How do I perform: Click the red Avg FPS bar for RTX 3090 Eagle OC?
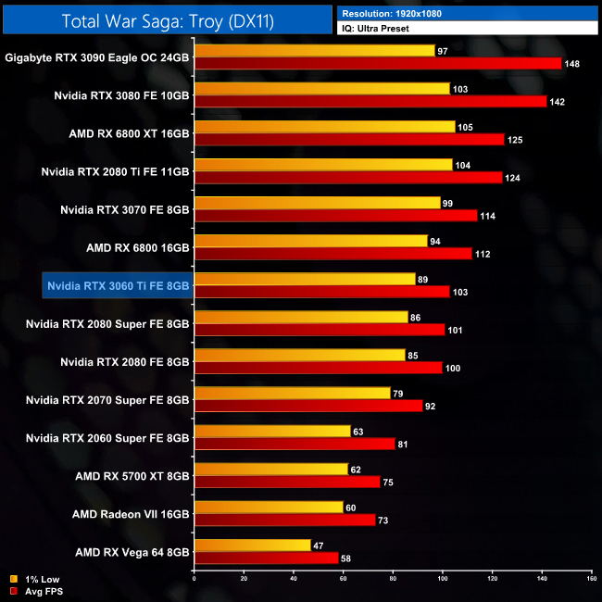(378, 63)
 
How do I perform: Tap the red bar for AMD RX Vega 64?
(266, 558)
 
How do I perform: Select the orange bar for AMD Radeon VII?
(269, 507)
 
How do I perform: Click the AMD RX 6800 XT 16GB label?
(129, 133)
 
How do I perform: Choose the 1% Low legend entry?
(36, 579)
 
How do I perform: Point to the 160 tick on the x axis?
(590, 579)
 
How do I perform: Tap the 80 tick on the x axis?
(393, 579)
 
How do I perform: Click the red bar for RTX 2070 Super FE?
(308, 405)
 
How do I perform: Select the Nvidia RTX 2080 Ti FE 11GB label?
(116, 171)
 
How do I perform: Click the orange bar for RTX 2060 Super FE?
(272, 431)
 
